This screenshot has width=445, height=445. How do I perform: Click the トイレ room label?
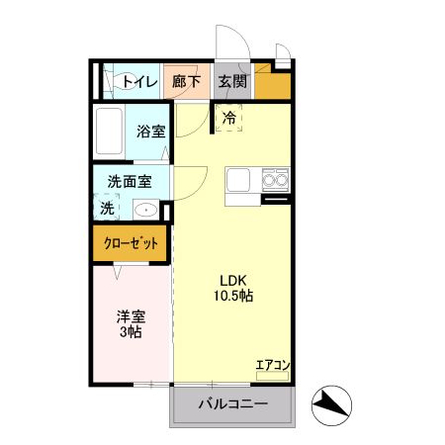point(140,81)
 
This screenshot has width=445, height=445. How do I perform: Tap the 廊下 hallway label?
point(186,81)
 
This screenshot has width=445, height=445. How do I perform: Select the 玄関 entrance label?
point(232,81)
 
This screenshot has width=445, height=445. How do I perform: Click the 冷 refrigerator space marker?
point(228,118)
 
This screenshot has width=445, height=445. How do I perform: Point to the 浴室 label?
point(151,132)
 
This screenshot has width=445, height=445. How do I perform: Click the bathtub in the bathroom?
point(109,132)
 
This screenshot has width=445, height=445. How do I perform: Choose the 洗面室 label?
point(130,181)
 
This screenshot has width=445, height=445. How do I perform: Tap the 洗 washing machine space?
point(107,208)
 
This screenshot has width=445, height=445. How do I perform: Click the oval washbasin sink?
point(146,210)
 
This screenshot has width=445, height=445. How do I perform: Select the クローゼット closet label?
point(131,243)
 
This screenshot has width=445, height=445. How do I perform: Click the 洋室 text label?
point(131,317)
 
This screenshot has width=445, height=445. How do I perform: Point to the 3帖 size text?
point(131,331)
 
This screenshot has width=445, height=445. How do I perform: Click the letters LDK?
point(233,281)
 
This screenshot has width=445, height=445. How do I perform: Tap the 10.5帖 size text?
point(233,296)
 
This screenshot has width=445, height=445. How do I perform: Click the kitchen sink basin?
point(238,180)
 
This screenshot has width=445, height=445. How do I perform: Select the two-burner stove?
point(276,180)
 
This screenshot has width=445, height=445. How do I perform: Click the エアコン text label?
point(273,365)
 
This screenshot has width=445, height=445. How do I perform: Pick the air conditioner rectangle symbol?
point(272,376)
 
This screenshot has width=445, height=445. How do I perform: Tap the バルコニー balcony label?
point(233,403)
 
